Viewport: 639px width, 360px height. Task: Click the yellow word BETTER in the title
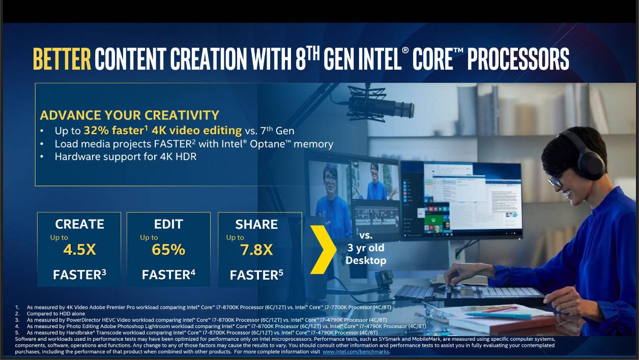pos(62,59)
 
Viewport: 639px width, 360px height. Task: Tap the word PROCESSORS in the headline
pos(518,59)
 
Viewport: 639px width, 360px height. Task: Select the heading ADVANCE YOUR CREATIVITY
pos(130,115)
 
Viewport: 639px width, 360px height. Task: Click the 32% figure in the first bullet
pos(96,131)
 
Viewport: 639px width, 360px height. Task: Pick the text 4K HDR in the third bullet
pos(178,157)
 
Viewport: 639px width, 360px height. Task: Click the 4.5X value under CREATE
pos(79,250)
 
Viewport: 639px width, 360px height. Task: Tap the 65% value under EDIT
pos(168,250)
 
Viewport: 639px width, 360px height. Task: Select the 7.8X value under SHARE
pos(256,250)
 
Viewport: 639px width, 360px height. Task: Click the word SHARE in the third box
pos(256,225)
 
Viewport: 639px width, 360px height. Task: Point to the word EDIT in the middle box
pos(168,224)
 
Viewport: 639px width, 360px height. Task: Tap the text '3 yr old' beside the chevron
pos(366,248)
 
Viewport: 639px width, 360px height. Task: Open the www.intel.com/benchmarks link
pos(356,352)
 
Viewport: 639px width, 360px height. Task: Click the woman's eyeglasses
pos(556,181)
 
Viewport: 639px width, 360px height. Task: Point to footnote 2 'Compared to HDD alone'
pos(55,314)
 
